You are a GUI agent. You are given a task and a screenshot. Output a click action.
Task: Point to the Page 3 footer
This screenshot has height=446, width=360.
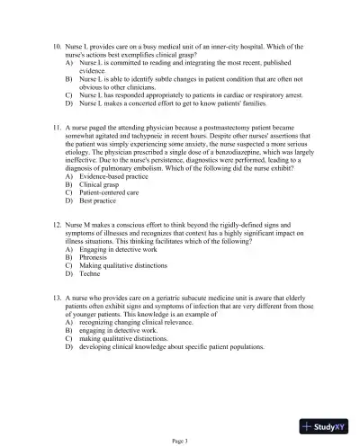pos(179,440)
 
